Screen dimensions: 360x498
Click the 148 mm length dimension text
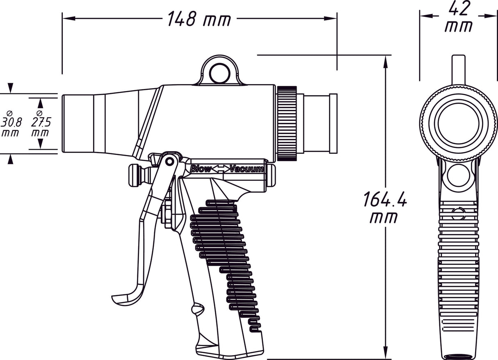[x=199, y=19]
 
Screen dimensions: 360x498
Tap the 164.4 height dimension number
[x=384, y=200]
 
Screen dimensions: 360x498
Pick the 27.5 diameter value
[x=40, y=122]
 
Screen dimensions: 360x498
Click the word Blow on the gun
[x=201, y=169]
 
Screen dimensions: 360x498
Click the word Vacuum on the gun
[x=246, y=169]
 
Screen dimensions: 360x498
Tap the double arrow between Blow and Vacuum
[x=222, y=169]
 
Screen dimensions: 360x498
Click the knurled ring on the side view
[x=287, y=123]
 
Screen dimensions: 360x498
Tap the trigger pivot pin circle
[x=169, y=161]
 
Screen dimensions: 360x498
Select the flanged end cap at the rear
[x=333, y=123]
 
